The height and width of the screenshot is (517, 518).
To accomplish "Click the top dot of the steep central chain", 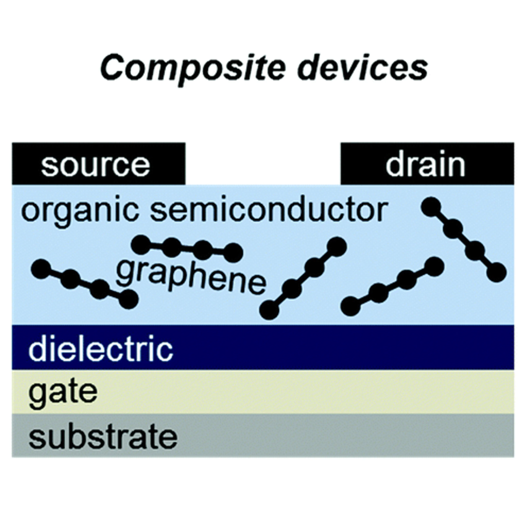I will pos(337,246).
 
